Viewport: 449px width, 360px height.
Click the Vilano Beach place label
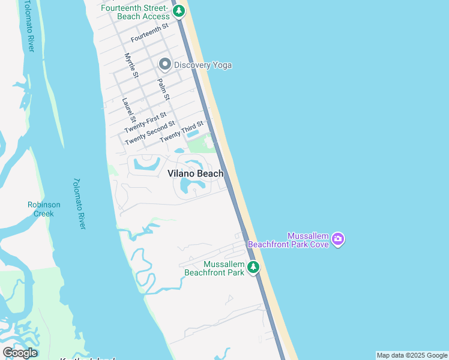[195, 173]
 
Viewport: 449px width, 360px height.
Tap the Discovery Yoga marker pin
[164, 65]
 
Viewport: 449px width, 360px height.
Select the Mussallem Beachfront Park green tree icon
[254, 267]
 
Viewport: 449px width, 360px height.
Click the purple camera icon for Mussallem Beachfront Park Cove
[338, 239]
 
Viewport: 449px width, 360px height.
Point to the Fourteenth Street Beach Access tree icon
[178, 11]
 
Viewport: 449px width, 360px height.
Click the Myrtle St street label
[131, 65]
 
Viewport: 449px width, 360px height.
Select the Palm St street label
[163, 89]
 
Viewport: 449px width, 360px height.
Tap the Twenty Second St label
[150, 133]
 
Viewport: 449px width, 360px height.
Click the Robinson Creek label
[44, 209]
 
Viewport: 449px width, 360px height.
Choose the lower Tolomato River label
[79, 203]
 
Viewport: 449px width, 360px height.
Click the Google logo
[20, 353]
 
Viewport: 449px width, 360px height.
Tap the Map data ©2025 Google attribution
[412, 355]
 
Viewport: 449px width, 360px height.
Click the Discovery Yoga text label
[203, 65]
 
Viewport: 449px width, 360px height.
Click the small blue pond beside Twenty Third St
[194, 133]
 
